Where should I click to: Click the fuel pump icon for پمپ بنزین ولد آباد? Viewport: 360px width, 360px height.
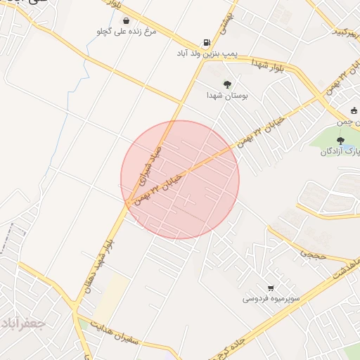[x=205, y=42]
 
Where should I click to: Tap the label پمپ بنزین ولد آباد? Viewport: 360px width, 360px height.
[x=205, y=53]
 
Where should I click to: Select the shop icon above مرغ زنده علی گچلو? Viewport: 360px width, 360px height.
[x=125, y=20]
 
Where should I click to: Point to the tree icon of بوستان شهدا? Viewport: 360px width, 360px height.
[x=227, y=84]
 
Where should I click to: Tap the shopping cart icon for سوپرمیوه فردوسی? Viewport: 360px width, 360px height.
[x=271, y=288]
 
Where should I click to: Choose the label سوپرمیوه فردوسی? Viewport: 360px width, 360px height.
[x=271, y=299]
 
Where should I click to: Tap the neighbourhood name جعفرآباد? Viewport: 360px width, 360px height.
[x=23, y=323]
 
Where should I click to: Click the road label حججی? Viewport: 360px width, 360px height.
[x=314, y=254]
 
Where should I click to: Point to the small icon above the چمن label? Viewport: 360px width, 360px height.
[x=354, y=110]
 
